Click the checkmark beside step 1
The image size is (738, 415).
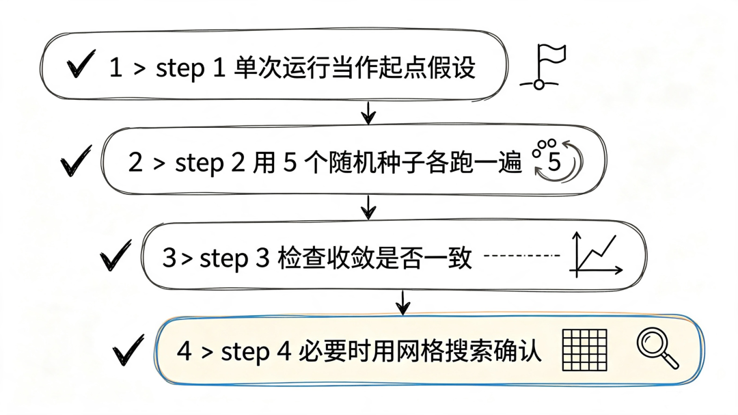[x=80, y=64]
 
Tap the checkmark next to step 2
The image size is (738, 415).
[x=75, y=161]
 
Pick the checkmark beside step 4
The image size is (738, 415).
[x=127, y=351]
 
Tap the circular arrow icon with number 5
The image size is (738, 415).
[x=558, y=161]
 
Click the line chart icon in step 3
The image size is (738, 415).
[x=596, y=254]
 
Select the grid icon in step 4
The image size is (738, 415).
[x=584, y=350]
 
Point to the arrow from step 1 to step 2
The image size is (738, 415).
[x=368, y=112]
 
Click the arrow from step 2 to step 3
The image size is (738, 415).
[x=368, y=207]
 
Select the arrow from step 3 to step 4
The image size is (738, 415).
[x=402, y=302]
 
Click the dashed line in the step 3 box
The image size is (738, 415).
[x=522, y=256]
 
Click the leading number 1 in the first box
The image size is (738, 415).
[x=115, y=68]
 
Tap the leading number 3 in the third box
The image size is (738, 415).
[x=169, y=258]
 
